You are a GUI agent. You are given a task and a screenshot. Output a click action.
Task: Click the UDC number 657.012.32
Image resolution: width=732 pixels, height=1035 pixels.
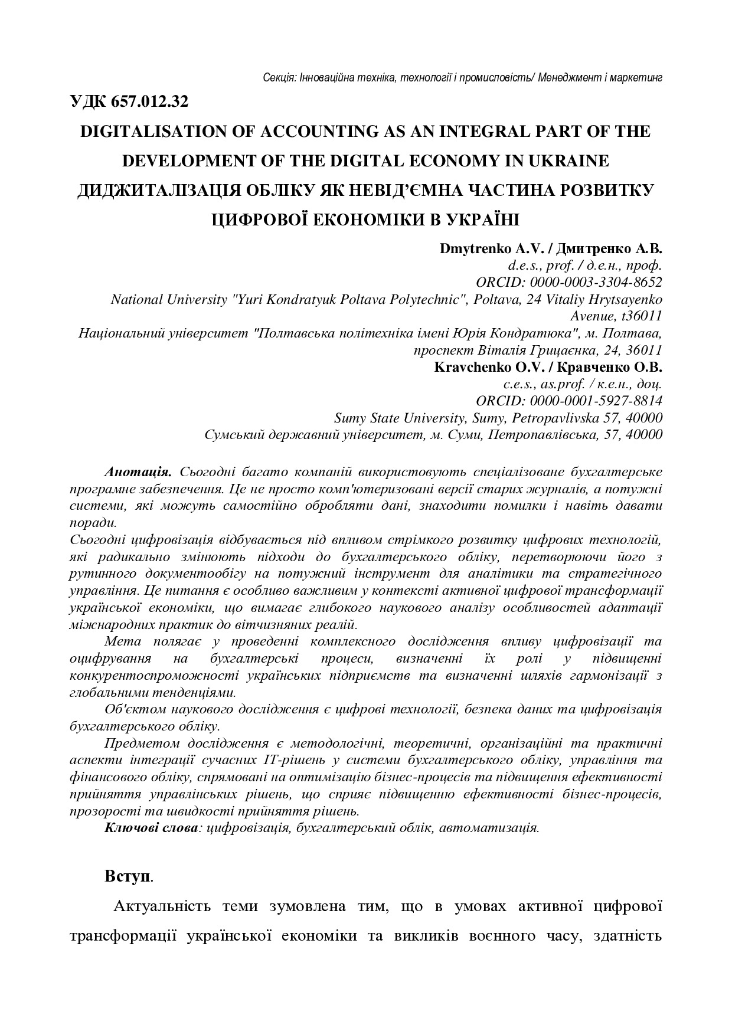150,101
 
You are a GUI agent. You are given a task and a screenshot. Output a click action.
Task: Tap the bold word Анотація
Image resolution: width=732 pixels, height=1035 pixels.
138,472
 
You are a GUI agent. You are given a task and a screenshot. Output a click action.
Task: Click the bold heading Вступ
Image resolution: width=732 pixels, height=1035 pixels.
128,876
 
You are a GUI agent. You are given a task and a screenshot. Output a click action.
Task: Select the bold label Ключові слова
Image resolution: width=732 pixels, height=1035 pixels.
151,827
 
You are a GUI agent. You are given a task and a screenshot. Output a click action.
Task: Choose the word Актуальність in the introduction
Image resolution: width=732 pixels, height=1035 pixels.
157,906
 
